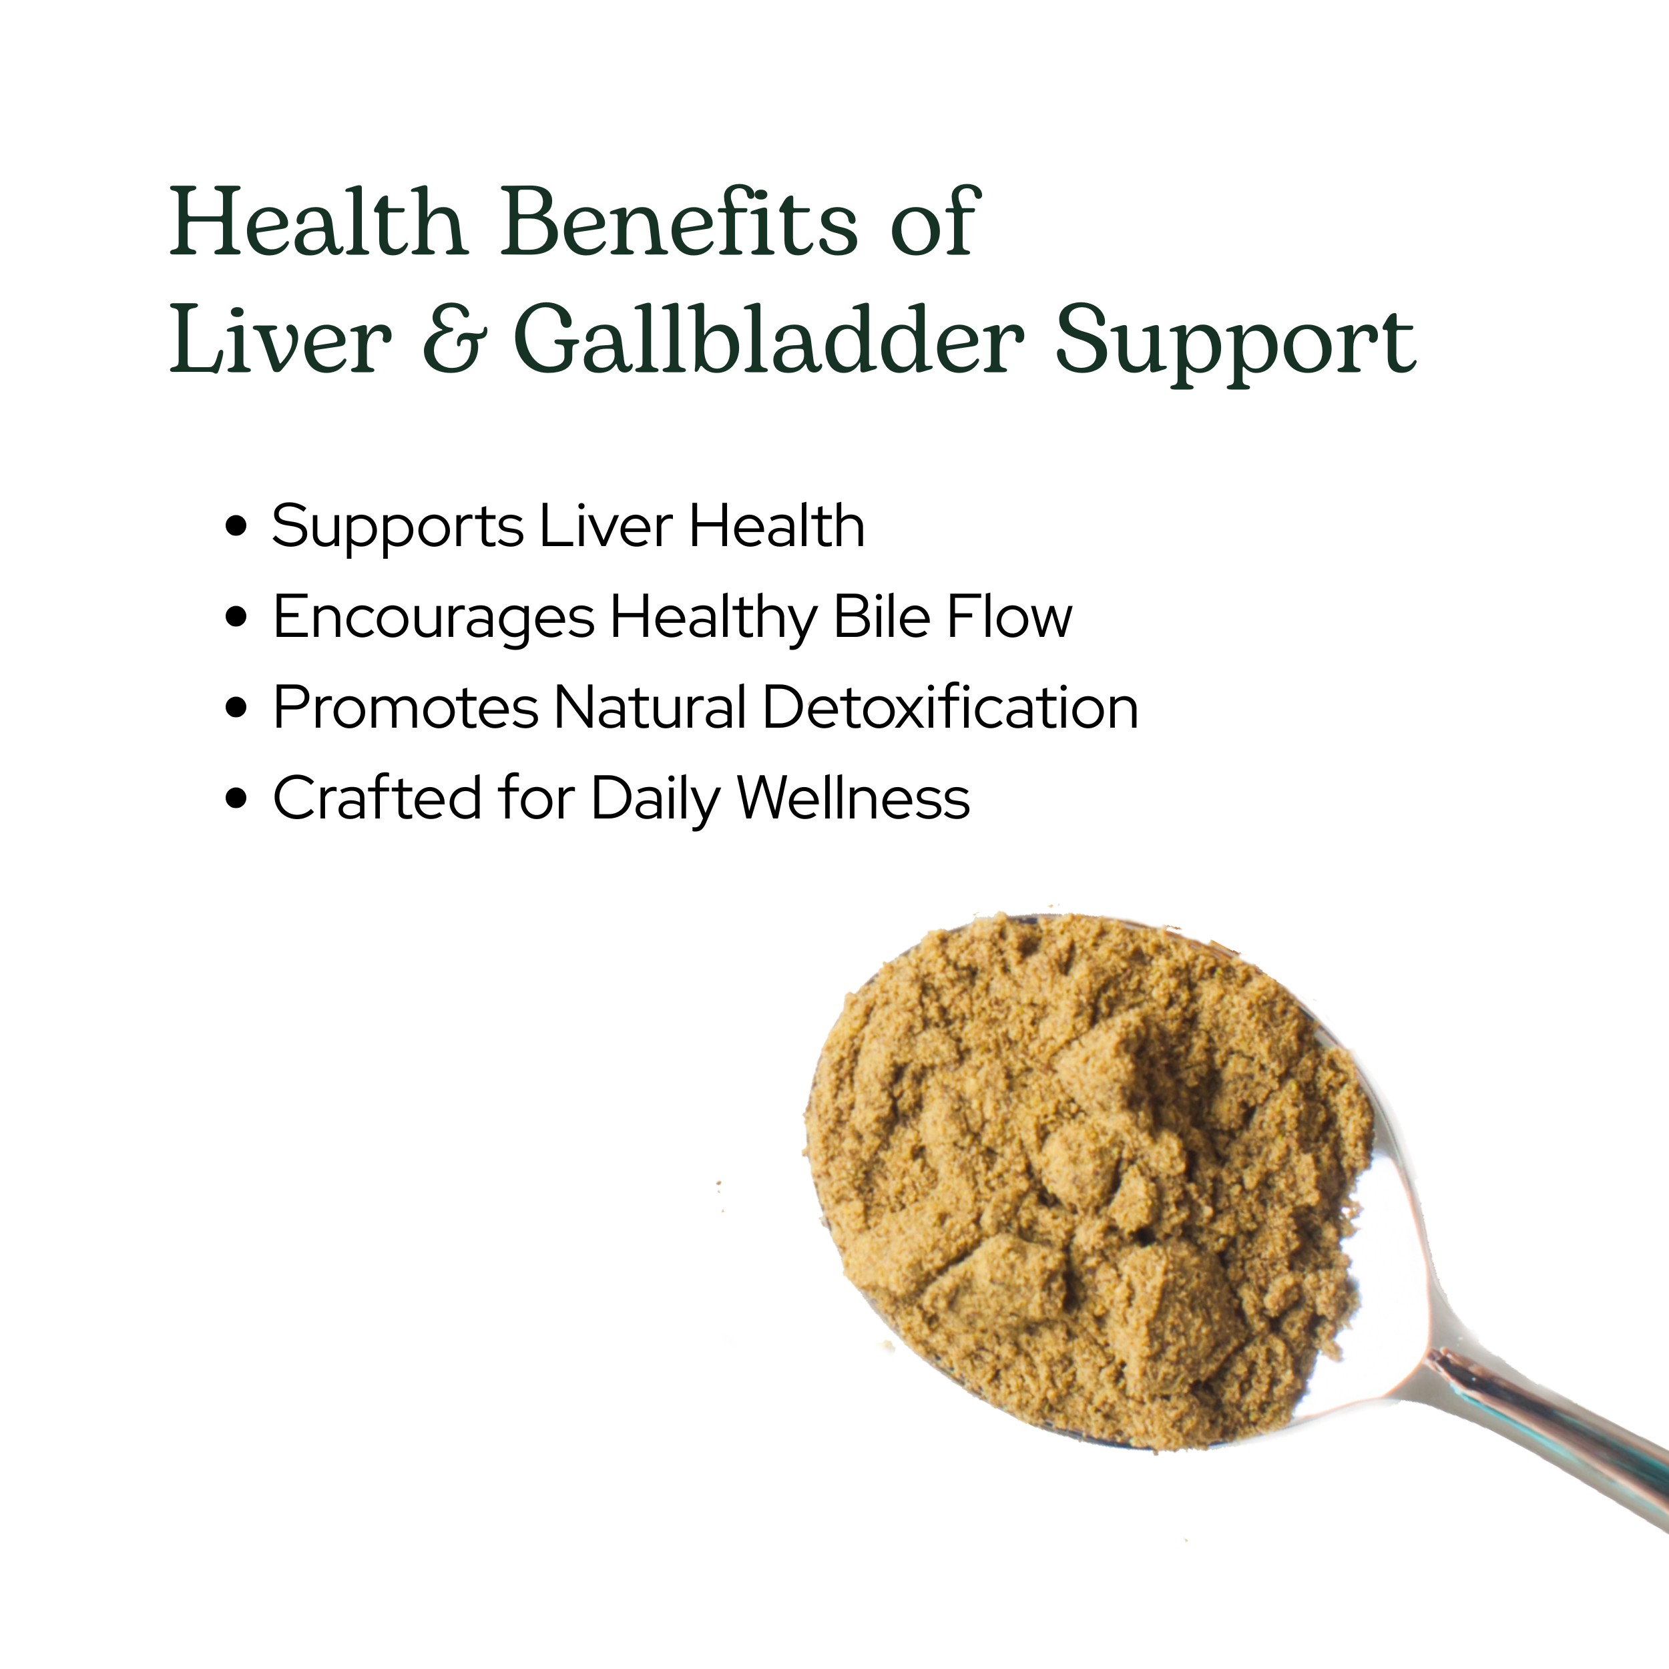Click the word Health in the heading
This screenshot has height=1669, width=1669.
(318, 223)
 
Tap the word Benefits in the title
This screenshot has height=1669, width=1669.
(680, 223)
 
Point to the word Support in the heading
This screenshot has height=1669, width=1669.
(1235, 344)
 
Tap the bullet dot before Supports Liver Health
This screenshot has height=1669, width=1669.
(236, 526)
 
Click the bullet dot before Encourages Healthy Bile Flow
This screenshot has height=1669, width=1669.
(236, 617)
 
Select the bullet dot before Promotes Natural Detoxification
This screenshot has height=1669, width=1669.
(236, 708)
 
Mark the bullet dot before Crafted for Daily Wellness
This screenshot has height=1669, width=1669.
(236, 798)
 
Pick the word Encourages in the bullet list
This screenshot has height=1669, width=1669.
(434, 620)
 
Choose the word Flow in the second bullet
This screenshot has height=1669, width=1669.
(1010, 617)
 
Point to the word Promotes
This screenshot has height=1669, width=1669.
(406, 708)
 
